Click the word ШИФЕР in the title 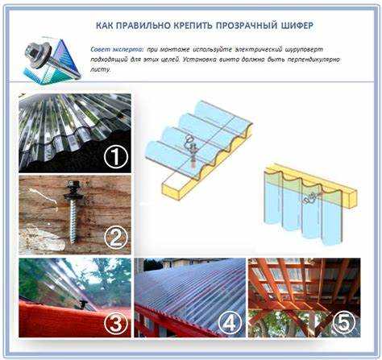coord(297,26)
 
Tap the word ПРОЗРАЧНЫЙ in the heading coord(247,26)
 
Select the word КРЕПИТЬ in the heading coord(193,26)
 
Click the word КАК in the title coord(104,26)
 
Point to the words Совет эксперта coord(117,50)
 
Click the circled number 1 coord(115,158)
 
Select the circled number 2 coord(116,238)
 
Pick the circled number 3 coord(116,322)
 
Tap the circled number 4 coord(230,322)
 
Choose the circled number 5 coord(343,322)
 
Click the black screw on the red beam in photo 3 coord(84,304)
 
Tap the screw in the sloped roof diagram coord(192,151)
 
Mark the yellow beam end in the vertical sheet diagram coord(352,198)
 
